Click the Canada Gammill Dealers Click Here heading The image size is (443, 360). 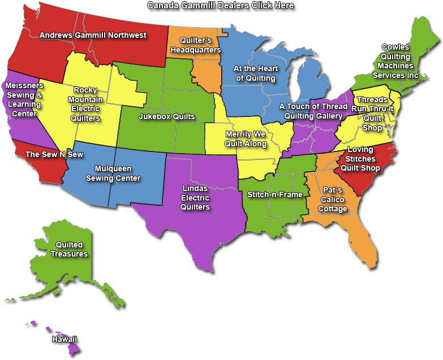pyautogui.click(x=221, y=5)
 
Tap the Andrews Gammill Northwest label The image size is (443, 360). pyautogui.click(x=93, y=35)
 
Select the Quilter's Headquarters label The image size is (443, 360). pyautogui.click(x=195, y=45)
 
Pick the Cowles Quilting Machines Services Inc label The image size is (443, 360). pyautogui.click(x=395, y=61)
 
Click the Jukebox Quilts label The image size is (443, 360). pyautogui.click(x=166, y=117)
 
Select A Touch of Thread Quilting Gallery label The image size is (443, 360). pyautogui.click(x=313, y=111)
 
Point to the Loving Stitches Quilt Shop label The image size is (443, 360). pyautogui.click(x=361, y=159)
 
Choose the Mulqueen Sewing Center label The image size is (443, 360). pyautogui.click(x=113, y=174)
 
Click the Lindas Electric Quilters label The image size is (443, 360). pyautogui.click(x=195, y=198)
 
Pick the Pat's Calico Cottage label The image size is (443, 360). pyautogui.click(x=332, y=199)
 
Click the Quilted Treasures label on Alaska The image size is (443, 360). pyautogui.click(x=69, y=249)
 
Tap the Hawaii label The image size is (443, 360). pyautogui.click(x=64, y=339)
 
